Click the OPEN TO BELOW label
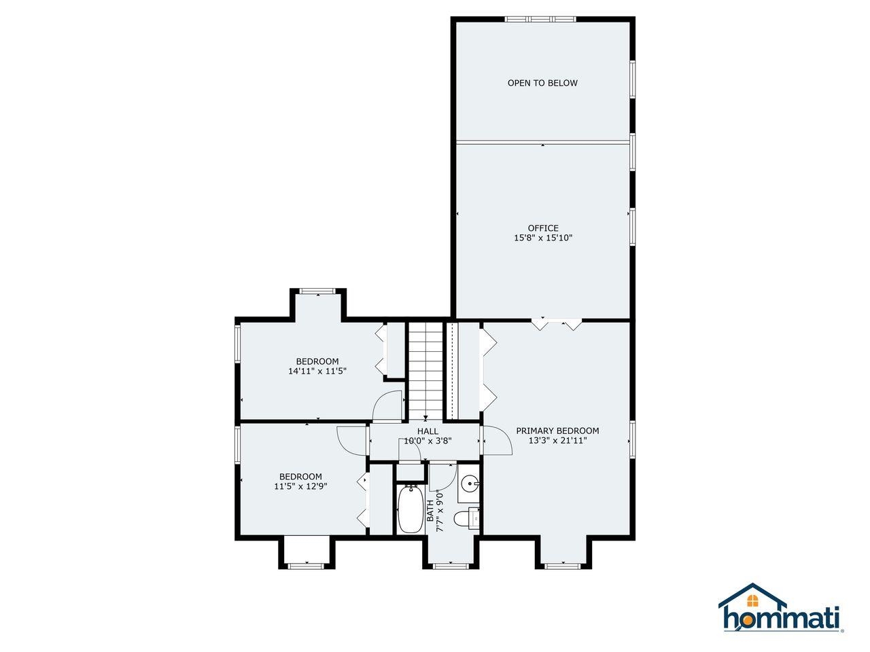pyautogui.click(x=542, y=83)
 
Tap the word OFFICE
pyautogui.click(x=543, y=228)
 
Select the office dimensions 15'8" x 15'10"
pyautogui.click(x=543, y=238)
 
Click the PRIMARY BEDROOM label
pyautogui.click(x=557, y=431)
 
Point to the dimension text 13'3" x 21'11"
pyautogui.click(x=557, y=441)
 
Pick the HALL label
pyautogui.click(x=428, y=431)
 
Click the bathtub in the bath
pyautogui.click(x=410, y=509)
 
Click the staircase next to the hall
pyautogui.click(x=425, y=372)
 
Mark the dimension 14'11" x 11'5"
pyautogui.click(x=317, y=372)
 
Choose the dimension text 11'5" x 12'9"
pyautogui.click(x=300, y=486)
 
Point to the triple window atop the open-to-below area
pyautogui.click(x=540, y=19)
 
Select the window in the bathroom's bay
pyautogui.click(x=451, y=566)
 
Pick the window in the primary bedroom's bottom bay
pyautogui.click(x=563, y=566)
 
